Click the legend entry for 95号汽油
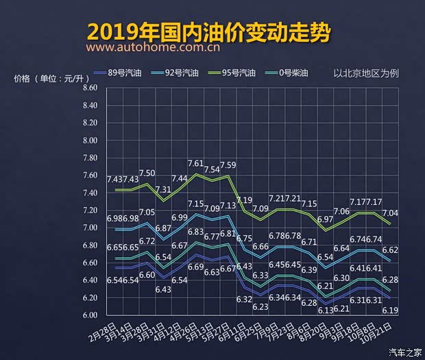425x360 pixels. click(244, 73)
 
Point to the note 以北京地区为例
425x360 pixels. click(376, 73)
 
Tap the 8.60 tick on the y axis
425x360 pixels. click(90, 88)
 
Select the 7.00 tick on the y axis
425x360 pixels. click(90, 228)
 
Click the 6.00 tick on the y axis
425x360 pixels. click(90, 315)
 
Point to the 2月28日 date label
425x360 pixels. click(103, 331)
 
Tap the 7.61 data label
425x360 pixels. click(195, 163)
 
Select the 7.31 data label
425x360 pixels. click(163, 189)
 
